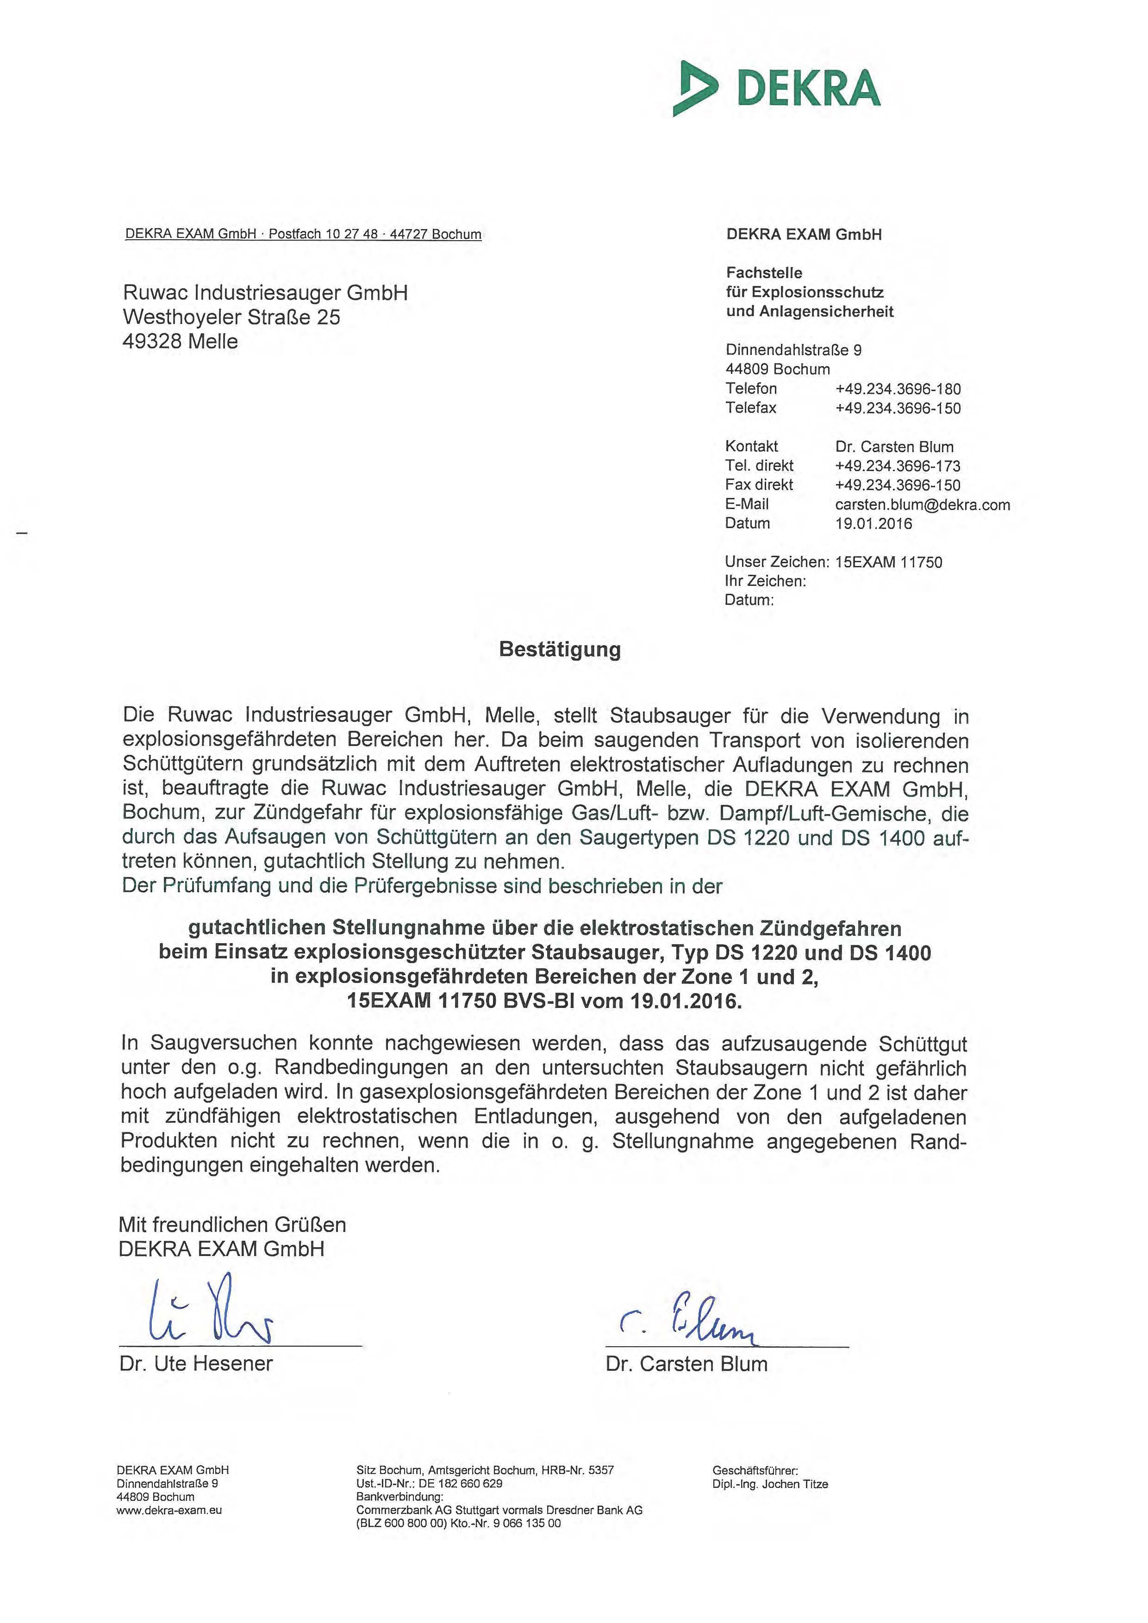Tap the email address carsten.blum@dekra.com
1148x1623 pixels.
(x=922, y=505)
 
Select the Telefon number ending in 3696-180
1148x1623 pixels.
(x=898, y=389)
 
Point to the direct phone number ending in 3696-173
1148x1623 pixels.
(x=898, y=466)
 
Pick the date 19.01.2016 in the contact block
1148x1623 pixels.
(x=873, y=524)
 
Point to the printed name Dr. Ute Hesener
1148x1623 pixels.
(x=196, y=1363)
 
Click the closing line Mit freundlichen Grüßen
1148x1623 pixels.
(x=232, y=1225)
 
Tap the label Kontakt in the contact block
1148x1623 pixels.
(x=751, y=447)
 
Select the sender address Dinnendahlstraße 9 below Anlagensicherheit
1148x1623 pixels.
(x=793, y=350)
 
